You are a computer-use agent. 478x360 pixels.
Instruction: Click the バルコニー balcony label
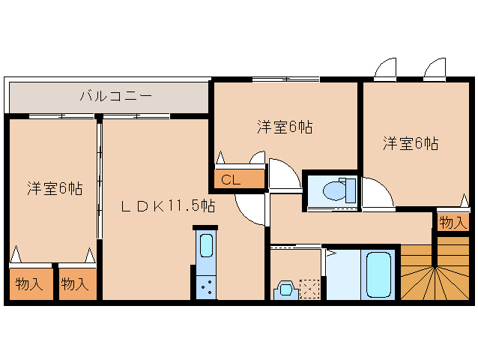[x=116, y=96]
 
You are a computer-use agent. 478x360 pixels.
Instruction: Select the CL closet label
[x=230, y=180]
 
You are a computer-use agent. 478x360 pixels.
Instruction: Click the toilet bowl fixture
[x=336, y=191]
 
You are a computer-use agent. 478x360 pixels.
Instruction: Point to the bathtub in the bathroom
[x=379, y=274]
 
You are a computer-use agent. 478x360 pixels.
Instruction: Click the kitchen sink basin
[x=205, y=245]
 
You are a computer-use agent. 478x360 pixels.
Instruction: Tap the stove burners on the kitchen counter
[x=205, y=286]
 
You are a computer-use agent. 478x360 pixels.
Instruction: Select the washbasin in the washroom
[x=285, y=290]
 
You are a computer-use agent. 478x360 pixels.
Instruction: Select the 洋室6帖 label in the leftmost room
[x=55, y=187]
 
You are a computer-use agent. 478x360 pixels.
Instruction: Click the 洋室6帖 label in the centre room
[x=285, y=127]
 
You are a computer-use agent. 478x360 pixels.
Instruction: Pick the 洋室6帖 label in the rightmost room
[x=411, y=142]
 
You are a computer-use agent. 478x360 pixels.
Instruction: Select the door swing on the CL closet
[x=258, y=159]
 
